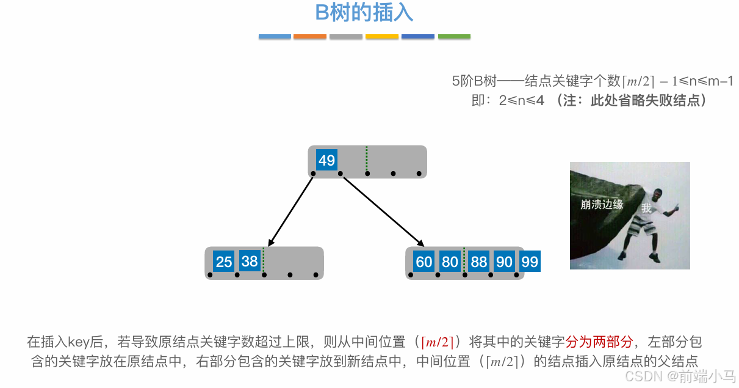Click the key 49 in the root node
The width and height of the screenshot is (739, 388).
[x=326, y=160]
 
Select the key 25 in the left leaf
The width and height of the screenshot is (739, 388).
[x=224, y=262]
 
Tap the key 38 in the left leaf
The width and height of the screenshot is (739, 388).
[x=250, y=262]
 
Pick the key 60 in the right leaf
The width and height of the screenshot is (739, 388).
[x=424, y=262]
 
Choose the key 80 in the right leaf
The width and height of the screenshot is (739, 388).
[x=450, y=262]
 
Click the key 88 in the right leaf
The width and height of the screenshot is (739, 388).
[x=479, y=262]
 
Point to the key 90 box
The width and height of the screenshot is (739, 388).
[x=504, y=262]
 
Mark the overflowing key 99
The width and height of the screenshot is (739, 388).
[x=530, y=262]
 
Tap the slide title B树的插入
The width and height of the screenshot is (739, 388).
[x=364, y=12]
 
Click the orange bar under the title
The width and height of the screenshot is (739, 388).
[x=310, y=37]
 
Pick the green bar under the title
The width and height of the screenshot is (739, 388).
[x=454, y=37]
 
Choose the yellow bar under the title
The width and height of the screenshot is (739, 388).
[x=382, y=37]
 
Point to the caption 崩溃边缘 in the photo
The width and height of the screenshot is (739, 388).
[x=602, y=205]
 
